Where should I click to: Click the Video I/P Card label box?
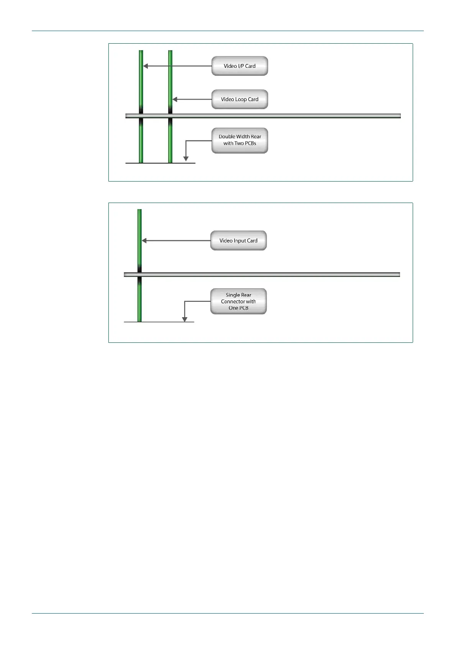point(239,66)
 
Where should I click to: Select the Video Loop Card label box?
point(239,99)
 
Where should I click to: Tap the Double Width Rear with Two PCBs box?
point(239,140)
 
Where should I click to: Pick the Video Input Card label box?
point(238,241)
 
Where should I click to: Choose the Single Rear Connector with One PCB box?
point(238,301)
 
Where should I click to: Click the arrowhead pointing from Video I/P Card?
point(146,66)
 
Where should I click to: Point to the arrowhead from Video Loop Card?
point(175,99)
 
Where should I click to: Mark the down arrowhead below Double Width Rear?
point(186,159)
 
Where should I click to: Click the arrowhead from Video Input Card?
point(144,241)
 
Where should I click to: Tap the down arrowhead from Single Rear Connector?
point(185,319)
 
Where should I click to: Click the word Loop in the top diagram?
point(241,99)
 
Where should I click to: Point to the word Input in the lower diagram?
point(240,241)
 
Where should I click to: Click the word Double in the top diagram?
point(226,136)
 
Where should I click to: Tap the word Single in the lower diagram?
point(233,295)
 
